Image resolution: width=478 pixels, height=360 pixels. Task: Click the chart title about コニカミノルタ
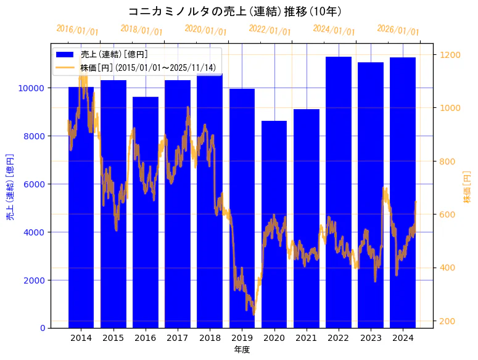[x=234, y=11]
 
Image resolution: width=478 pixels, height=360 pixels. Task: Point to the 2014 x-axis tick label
[x=81, y=338]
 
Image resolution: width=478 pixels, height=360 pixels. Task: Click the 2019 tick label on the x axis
[x=242, y=338]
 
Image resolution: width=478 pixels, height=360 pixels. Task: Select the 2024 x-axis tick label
[x=403, y=338]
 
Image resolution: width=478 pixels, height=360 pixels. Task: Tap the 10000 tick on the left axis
[x=31, y=88]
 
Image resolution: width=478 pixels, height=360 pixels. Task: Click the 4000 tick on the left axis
[x=33, y=232]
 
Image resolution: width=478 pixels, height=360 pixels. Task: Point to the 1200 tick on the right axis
[x=450, y=55]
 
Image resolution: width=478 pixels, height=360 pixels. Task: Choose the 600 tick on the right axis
[x=447, y=215]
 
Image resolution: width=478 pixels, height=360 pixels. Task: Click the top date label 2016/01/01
[x=77, y=30]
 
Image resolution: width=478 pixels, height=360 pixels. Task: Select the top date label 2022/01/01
[x=270, y=30]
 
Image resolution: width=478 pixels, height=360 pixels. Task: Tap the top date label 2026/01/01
[x=398, y=31]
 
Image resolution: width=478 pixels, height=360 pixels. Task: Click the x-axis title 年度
[x=242, y=350]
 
